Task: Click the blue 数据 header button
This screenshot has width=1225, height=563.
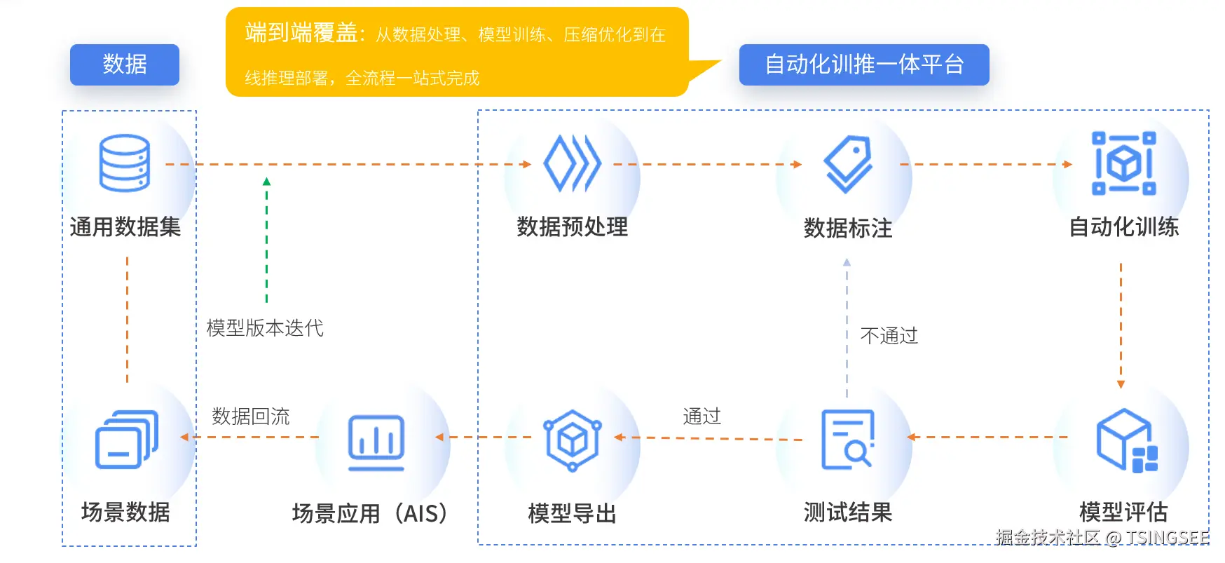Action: click(125, 65)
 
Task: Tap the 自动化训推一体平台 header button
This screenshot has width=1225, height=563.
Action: click(863, 65)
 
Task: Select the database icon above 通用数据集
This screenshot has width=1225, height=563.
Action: click(125, 163)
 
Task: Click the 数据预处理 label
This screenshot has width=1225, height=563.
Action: click(572, 227)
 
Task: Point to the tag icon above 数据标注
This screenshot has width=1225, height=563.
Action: click(848, 163)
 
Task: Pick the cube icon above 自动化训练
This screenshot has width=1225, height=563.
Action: click(1123, 163)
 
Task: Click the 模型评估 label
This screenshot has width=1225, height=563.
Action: click(1123, 512)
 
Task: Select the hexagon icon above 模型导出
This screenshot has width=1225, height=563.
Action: click(572, 440)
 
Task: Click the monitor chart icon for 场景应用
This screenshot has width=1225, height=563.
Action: click(376, 442)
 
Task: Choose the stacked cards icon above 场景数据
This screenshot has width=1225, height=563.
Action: click(126, 440)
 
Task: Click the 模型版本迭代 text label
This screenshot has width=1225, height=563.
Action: click(265, 328)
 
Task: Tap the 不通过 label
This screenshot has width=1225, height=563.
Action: click(889, 336)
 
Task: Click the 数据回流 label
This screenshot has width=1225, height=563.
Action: click(251, 416)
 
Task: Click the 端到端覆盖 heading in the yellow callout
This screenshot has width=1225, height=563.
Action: click(301, 33)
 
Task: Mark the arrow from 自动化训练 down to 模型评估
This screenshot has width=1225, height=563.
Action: click(1121, 325)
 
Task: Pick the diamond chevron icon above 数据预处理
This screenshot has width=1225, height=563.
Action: click(572, 163)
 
